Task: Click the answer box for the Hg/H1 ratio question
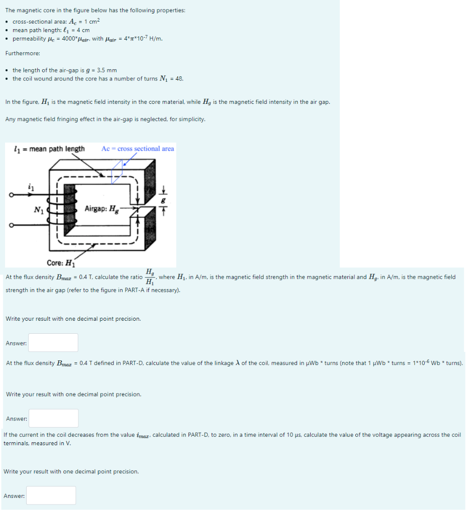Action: [53, 343]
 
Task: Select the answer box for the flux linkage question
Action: [53, 418]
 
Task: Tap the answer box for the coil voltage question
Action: [51, 495]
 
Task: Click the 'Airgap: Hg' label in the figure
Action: [103, 209]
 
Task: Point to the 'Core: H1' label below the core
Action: [60, 263]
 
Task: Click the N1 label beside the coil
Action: [39, 210]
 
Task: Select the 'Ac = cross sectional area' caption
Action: [138, 149]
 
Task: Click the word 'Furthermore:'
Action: [23, 53]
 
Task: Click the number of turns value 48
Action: [179, 79]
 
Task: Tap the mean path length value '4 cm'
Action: [81, 30]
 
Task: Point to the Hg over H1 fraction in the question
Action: [150, 277]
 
